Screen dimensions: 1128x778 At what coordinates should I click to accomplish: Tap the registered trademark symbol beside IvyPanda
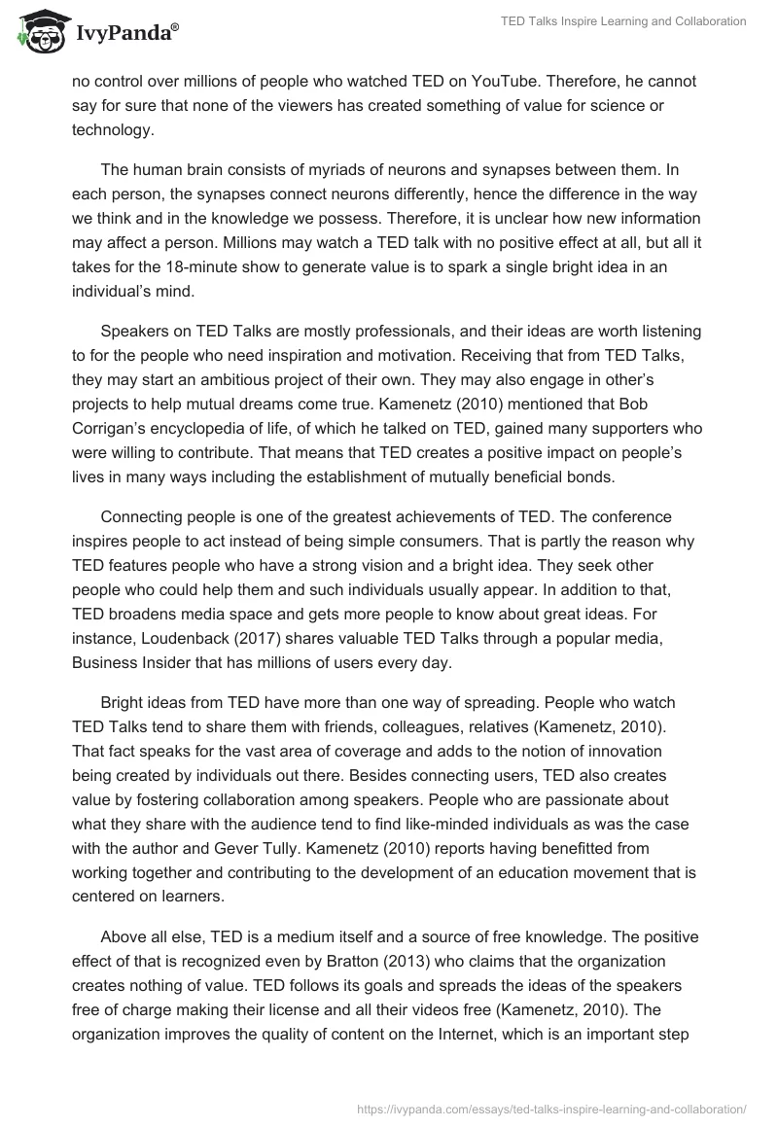click(175, 29)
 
